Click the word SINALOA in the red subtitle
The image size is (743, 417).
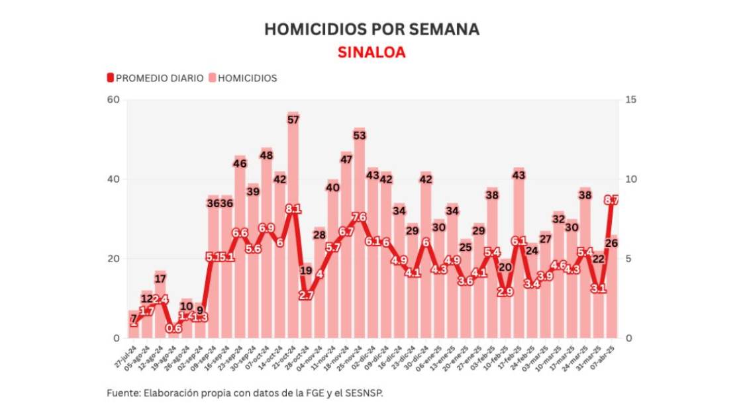(371, 53)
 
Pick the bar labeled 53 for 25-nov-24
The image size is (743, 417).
(360, 238)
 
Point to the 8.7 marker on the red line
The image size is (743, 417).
(611, 199)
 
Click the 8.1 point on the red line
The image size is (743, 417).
(293, 209)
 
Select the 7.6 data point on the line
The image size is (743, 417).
(360, 217)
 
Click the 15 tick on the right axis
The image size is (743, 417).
(630, 100)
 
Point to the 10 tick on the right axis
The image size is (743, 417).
(630, 179)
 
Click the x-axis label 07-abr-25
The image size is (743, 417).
(607, 354)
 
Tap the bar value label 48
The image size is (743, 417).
(267, 155)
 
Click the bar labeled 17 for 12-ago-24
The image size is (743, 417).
(160, 311)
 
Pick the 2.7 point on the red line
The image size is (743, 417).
(307, 295)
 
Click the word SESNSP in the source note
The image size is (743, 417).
(364, 393)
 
